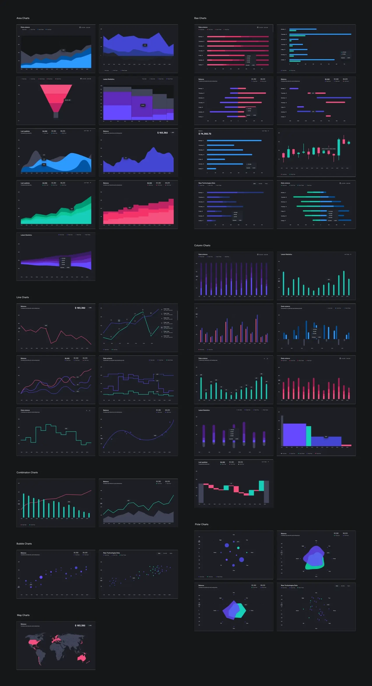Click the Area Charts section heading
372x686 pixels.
23,18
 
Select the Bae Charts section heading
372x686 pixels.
200,18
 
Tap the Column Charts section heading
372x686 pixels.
202,245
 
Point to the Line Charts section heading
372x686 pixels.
23,297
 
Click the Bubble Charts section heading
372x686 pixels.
24,544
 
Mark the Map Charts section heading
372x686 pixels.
23,615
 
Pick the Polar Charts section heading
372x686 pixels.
202,524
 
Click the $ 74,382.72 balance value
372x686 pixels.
205,134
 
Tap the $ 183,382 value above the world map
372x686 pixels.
80,625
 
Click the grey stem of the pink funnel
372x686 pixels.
56,115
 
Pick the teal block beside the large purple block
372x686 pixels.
309,436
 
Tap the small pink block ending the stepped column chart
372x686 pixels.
346,445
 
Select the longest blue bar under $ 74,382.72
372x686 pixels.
234,140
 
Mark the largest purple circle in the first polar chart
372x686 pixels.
242,559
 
